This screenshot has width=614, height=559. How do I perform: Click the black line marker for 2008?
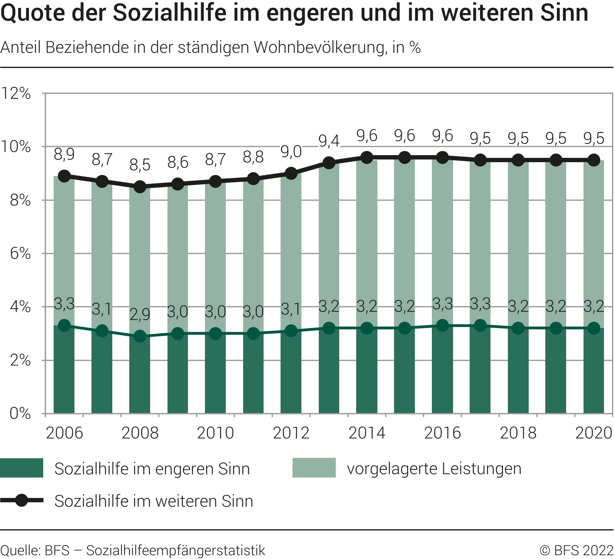pos(140,187)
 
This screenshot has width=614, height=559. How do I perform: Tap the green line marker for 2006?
pos(64,325)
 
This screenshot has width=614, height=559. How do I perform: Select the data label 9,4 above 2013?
pos(329,141)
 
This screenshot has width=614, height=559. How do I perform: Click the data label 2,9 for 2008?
pos(140,314)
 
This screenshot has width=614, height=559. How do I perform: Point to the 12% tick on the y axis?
pos(16,93)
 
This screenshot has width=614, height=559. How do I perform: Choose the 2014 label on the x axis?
pos(367,433)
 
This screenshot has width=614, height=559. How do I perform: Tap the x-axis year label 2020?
pos(594,433)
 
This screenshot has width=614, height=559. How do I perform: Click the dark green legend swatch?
pos(22,468)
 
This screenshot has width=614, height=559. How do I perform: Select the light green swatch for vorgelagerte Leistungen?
pos(314,468)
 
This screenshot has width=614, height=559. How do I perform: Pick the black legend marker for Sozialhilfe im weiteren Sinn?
pos(22,501)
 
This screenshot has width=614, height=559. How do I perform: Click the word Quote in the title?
pos(29,13)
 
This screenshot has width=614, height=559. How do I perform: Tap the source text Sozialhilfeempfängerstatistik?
pos(176,550)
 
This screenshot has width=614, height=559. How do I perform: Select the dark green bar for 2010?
pos(215,374)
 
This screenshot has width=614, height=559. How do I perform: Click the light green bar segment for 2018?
pos(518,243)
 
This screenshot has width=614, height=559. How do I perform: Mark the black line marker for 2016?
pos(442,158)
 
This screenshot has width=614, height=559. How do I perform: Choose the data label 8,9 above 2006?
pos(64,154)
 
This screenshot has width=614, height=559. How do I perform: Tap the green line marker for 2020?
pos(594,328)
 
